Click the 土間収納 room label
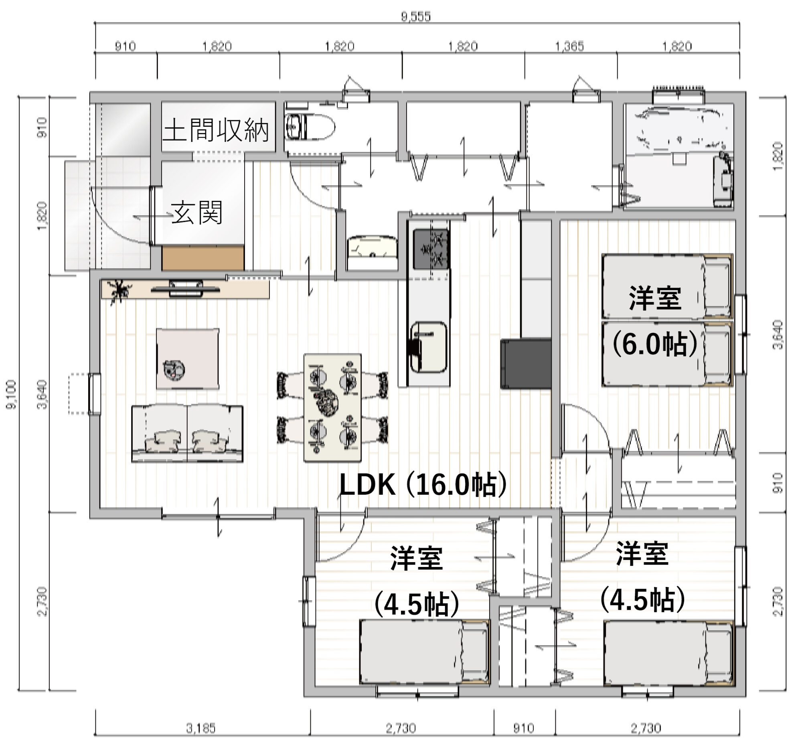[x=216, y=130]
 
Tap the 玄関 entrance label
[x=196, y=212]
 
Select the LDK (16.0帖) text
[x=423, y=484]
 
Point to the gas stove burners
[x=431, y=249]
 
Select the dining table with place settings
[x=332, y=408]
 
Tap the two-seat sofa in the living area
[x=187, y=433]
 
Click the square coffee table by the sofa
[x=188, y=358]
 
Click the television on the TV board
[x=185, y=289]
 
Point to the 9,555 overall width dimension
[x=416, y=16]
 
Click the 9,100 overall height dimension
[x=12, y=394]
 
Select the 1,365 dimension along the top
[x=569, y=47]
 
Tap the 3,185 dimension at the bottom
[x=200, y=728]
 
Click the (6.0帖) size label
[x=654, y=344]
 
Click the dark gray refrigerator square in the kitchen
[x=525, y=363]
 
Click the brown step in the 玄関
[x=203, y=259]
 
